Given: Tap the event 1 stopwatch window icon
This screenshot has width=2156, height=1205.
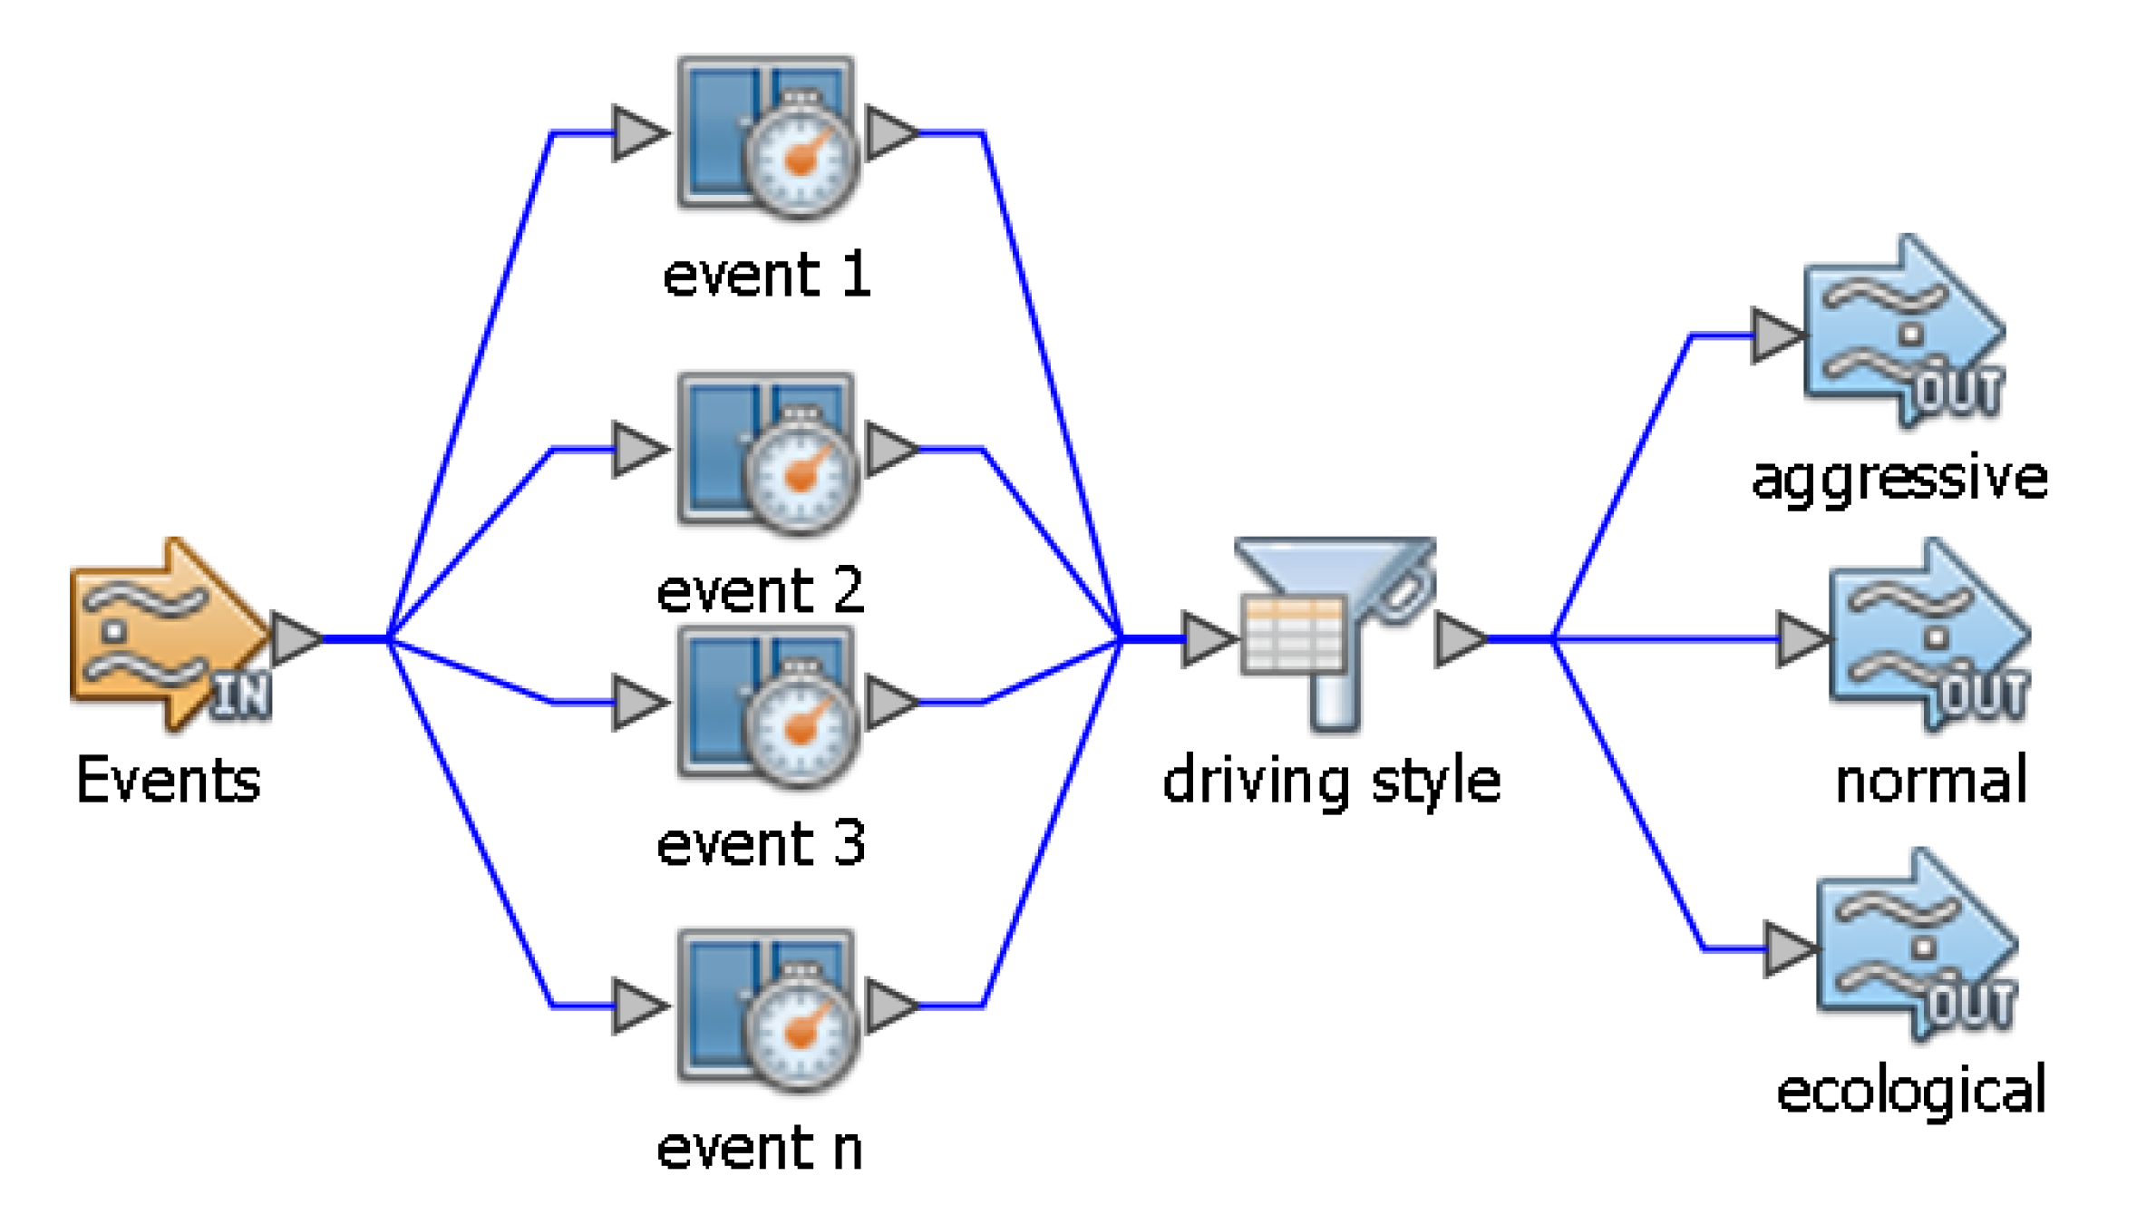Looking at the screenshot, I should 767,136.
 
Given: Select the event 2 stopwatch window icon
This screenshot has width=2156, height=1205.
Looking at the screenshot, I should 767,452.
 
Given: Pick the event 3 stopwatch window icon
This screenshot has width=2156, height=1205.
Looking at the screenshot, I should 767,705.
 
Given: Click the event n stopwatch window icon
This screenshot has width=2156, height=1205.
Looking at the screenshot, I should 767,1008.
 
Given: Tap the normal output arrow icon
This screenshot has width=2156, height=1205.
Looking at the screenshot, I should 1928,635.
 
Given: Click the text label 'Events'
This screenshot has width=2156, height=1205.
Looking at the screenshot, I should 169,780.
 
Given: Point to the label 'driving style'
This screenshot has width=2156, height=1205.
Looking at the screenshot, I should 1331,782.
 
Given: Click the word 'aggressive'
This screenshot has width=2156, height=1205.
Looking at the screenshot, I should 1899,478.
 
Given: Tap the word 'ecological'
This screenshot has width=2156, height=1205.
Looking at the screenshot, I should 1911,1091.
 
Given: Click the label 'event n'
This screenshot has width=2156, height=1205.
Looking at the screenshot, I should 760,1149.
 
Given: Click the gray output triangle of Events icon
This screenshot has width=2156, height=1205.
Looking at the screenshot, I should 294,639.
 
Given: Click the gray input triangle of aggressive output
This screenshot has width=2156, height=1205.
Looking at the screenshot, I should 1774,335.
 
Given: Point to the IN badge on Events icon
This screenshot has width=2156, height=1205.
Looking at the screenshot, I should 241,696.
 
